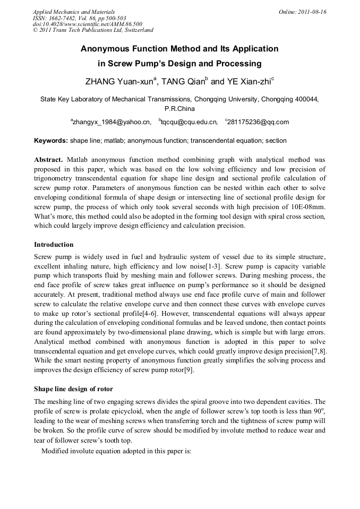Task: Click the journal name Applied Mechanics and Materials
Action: [x=74, y=12]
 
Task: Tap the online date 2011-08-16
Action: [x=310, y=12]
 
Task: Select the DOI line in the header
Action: [x=88, y=24]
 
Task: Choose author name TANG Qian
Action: [x=184, y=82]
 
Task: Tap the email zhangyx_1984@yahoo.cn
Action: [x=111, y=122]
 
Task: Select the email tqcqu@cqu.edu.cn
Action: [x=188, y=122]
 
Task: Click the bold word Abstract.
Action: [x=48, y=160]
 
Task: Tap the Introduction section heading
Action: [x=54, y=245]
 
